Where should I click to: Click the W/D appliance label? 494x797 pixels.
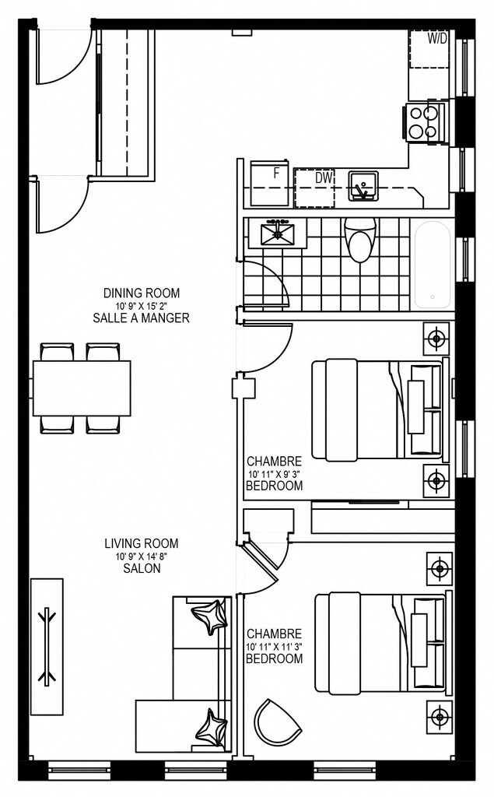[437, 39]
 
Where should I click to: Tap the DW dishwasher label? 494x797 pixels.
[324, 178]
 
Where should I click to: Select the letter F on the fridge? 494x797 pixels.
[276, 174]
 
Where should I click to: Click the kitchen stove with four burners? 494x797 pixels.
[426, 122]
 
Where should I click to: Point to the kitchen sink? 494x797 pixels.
[363, 186]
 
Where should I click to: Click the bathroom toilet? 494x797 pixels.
[360, 240]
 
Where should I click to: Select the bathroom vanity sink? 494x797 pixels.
[278, 233]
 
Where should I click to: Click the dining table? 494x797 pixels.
[82, 388]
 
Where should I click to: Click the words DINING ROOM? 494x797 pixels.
[142, 293]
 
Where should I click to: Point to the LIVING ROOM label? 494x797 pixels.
[142, 543]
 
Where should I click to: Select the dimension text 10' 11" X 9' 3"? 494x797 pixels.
[275, 474]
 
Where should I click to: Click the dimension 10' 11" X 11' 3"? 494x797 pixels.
[275, 647]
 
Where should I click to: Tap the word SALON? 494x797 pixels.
[142, 568]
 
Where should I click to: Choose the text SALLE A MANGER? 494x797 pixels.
[142, 318]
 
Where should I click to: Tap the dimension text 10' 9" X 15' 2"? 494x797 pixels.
[142, 306]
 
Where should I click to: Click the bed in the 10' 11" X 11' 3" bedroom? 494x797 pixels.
[380, 643]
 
